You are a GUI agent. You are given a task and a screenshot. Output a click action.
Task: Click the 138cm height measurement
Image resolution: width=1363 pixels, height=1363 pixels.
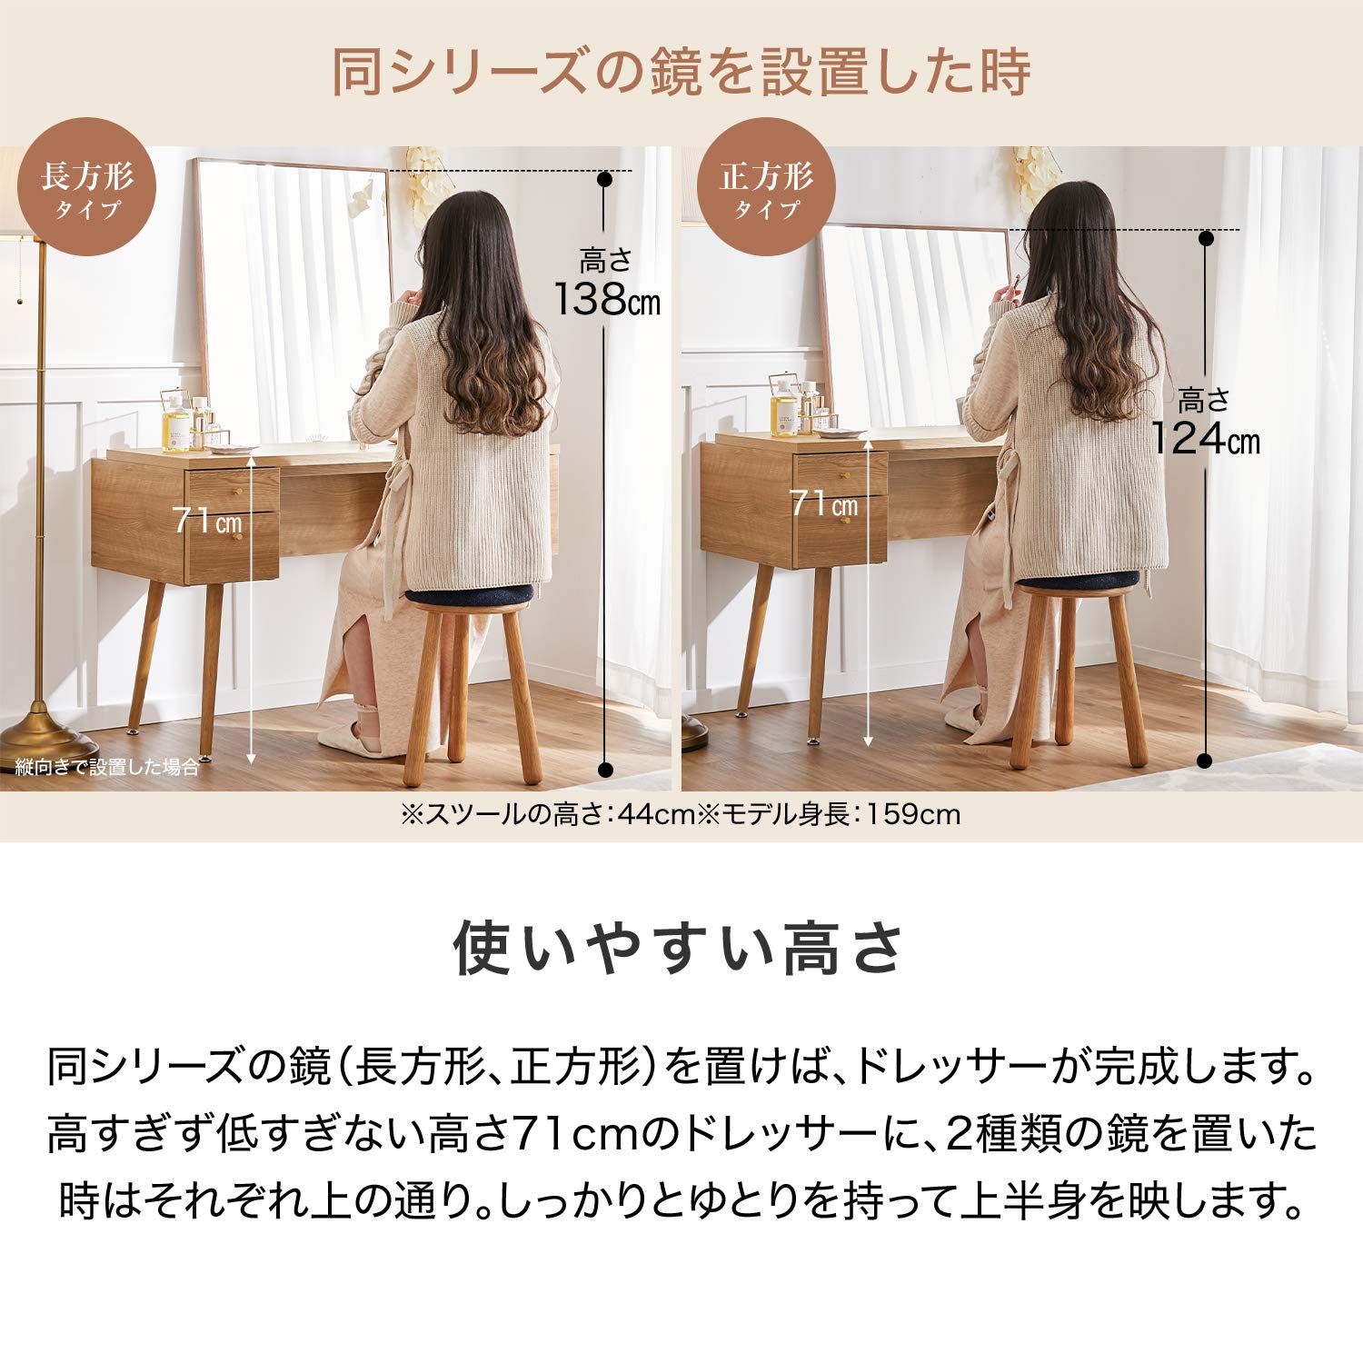[x=606, y=298]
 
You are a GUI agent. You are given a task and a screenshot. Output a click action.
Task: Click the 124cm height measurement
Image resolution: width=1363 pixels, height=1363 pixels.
[x=1205, y=438]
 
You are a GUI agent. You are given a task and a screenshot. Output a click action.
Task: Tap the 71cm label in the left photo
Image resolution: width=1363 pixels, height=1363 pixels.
[x=207, y=521]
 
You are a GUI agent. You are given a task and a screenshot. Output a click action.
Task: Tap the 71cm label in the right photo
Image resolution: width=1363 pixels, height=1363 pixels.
[x=823, y=503]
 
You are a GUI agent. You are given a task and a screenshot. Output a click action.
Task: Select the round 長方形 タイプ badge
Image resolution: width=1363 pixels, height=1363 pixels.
[x=87, y=187]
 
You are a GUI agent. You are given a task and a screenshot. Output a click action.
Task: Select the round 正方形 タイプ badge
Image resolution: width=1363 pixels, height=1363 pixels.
[x=766, y=187]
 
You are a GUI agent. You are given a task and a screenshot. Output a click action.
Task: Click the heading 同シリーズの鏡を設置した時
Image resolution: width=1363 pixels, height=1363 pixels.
[x=681, y=73]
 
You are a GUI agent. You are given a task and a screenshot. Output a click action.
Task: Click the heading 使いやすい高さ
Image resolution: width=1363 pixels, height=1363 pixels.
[x=681, y=948]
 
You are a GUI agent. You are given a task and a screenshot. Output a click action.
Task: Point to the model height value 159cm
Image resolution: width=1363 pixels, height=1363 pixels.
[x=912, y=814]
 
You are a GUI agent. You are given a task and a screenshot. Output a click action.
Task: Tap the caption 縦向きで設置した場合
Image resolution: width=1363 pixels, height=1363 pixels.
[x=107, y=768]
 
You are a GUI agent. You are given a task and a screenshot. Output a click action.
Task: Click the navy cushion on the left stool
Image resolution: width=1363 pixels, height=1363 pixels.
[x=469, y=595]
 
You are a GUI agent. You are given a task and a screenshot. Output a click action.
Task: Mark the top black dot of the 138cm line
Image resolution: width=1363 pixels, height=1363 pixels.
[x=604, y=179]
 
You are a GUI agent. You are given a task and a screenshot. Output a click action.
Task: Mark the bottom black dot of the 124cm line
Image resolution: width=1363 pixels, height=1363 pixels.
[x=1205, y=761]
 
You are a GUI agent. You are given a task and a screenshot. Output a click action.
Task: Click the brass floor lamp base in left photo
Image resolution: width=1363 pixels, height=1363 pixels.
[x=36, y=727]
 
